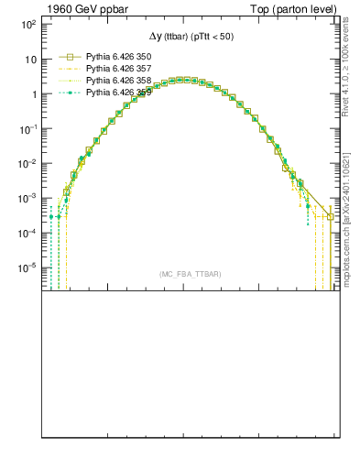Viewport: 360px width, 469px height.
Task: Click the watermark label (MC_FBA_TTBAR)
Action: [x=191, y=275]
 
